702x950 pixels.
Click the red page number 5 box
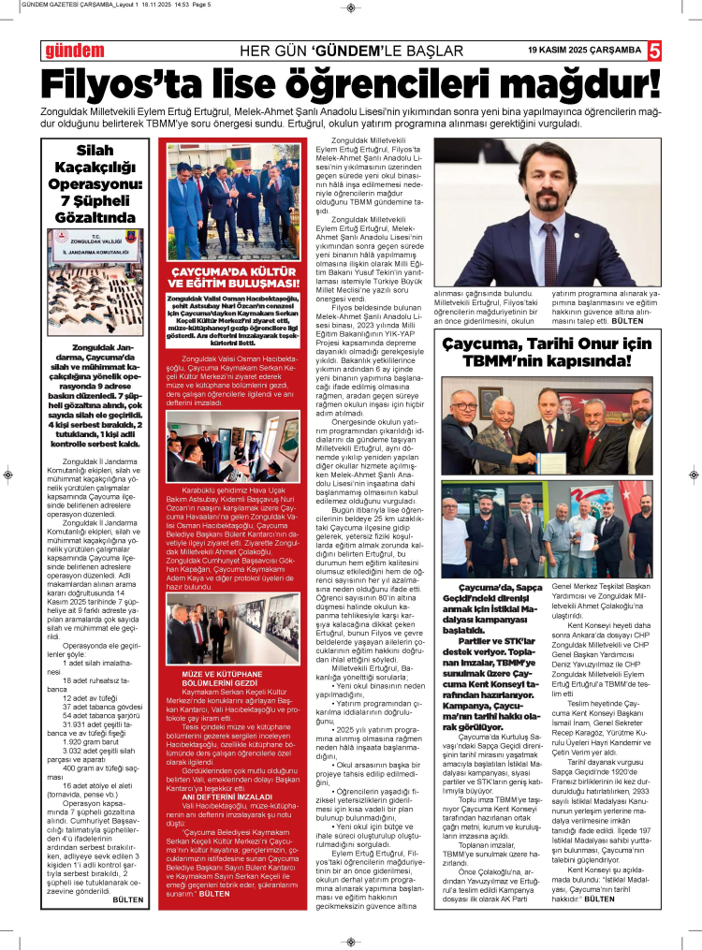coord(654,50)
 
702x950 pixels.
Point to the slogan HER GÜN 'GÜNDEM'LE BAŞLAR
coord(351,50)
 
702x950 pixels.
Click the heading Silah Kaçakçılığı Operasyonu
coord(94,183)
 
